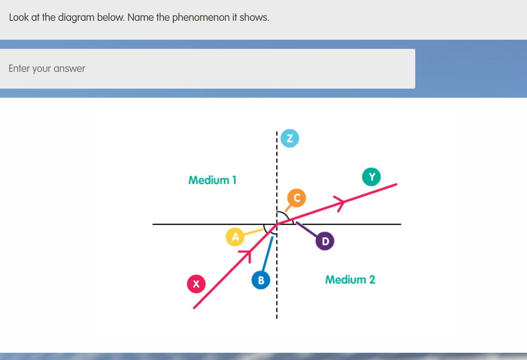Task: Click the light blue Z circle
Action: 290,138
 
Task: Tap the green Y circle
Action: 371,177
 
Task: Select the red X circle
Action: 196,284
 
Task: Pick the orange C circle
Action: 297,197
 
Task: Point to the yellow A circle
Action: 235,237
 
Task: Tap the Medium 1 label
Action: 212,180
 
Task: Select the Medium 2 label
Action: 350,279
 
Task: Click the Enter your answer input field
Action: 207,69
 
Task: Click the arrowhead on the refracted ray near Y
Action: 339,202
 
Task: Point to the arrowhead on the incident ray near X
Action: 246,255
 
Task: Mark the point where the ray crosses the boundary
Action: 277,224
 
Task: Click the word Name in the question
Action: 141,18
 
